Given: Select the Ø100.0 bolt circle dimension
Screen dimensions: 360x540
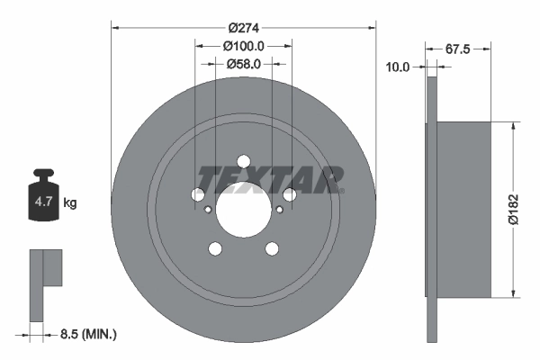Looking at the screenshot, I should [243, 45].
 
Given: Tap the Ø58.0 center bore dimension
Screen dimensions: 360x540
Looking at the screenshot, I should [243, 64].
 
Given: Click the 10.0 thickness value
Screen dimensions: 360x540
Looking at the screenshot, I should [398, 67].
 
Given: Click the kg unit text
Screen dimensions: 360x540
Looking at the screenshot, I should [70, 203].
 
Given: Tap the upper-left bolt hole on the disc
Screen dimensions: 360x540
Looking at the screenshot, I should [198, 194].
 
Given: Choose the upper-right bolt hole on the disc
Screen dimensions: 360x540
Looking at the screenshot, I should [289, 194].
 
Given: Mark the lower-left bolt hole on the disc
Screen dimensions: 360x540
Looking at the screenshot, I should [215, 249].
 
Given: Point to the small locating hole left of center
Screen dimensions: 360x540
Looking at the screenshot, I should [208, 210].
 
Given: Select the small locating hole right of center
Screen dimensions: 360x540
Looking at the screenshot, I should [279, 210].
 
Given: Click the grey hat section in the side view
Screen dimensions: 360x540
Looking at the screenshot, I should [463, 208].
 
